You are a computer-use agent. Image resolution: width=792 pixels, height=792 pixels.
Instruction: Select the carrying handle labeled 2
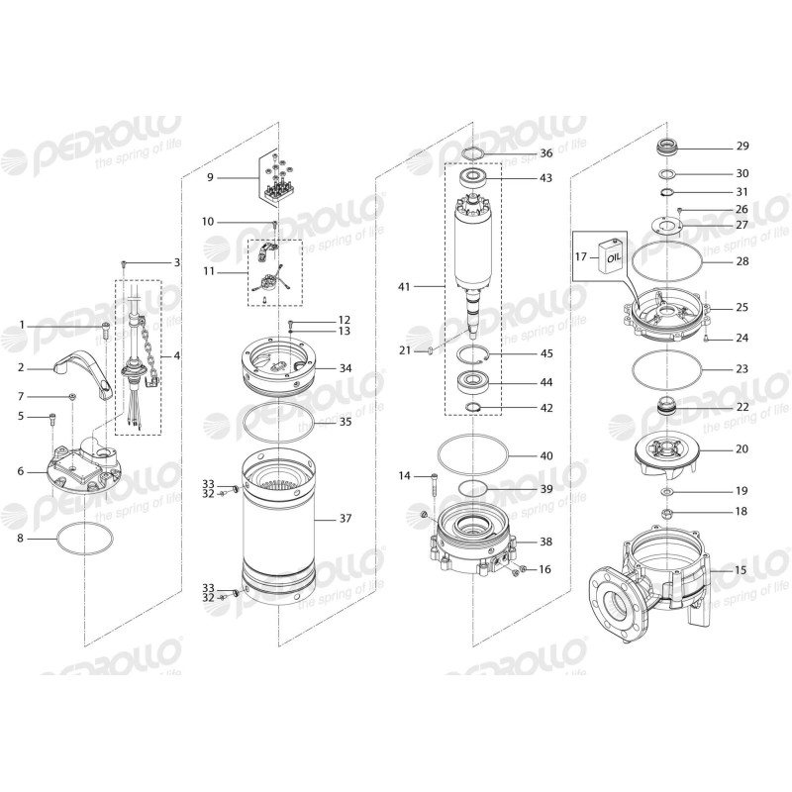(x=89, y=372)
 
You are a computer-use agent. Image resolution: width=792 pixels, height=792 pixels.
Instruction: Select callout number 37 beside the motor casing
(x=345, y=518)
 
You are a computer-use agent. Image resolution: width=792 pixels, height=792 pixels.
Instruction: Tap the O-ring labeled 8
(x=84, y=540)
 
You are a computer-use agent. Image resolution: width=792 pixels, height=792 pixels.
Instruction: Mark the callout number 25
(x=742, y=308)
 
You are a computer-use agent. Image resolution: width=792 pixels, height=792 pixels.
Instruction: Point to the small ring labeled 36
(x=473, y=153)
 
